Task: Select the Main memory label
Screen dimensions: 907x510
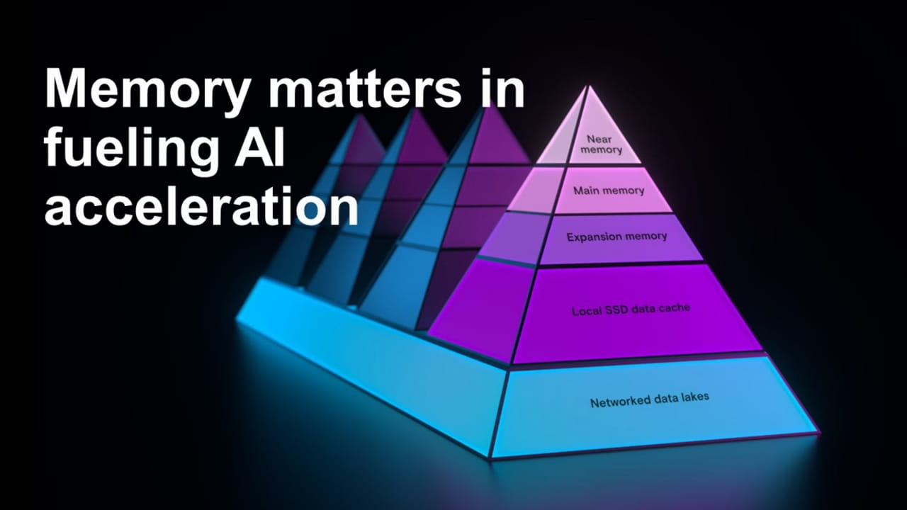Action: pyautogui.click(x=609, y=191)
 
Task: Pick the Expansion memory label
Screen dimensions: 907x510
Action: pyautogui.click(x=616, y=237)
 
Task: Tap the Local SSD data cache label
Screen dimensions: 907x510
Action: pyautogui.click(x=631, y=310)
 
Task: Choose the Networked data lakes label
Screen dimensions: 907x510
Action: pyautogui.click(x=649, y=400)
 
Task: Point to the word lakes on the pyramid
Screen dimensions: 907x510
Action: pyautogui.click(x=694, y=397)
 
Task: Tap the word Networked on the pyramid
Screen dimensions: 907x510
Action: pyautogui.click(x=619, y=402)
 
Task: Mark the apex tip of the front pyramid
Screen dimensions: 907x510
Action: pyautogui.click(x=586, y=86)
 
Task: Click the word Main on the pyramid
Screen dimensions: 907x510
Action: pyautogui.click(x=587, y=191)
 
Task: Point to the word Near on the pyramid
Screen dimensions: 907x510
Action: pyautogui.click(x=599, y=140)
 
